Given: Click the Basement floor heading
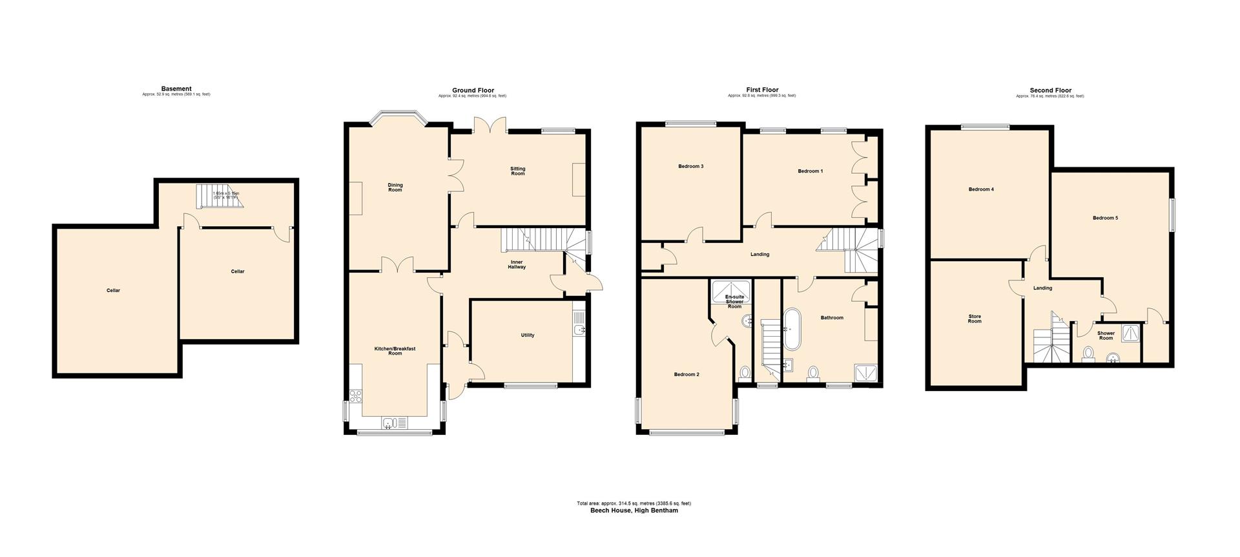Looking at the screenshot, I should [176, 89].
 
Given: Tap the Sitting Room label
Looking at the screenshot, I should [518, 171].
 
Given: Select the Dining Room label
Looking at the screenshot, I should [395, 187].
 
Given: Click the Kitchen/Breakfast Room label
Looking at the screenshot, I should [395, 351].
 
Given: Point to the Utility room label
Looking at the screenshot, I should [528, 335].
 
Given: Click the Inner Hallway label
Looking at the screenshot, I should [517, 264].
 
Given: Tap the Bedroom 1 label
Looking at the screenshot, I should [810, 171].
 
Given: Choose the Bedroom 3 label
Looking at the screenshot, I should [690, 167].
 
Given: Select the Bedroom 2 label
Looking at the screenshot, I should [687, 375].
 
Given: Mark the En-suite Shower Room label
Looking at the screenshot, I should [734, 302].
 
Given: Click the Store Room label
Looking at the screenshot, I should [974, 319].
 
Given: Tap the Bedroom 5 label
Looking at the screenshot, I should [1105, 218].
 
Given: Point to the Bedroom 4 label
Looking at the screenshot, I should [981, 190].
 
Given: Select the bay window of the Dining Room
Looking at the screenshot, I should [397, 120].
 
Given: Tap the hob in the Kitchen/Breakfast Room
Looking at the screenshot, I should [355, 397].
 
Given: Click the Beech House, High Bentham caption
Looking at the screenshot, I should [634, 510].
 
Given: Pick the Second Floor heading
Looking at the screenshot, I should [1050, 90].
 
